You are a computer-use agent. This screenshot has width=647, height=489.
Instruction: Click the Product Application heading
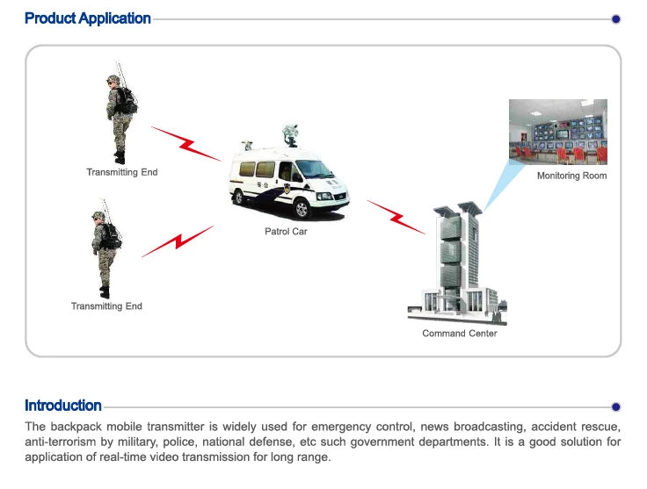88,18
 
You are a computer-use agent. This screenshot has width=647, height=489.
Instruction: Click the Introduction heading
63,406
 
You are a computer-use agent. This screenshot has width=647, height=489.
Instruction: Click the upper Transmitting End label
121,172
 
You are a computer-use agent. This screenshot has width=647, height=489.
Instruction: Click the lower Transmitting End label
106,306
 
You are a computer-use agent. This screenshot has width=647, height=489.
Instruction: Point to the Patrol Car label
286,232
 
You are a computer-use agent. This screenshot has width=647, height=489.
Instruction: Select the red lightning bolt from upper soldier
185,143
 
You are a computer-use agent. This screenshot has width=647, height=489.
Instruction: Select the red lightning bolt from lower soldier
178,241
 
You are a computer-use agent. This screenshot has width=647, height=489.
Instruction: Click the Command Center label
459,334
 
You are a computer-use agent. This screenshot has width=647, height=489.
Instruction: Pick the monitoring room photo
557,132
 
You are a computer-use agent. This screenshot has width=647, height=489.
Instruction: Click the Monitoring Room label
571,176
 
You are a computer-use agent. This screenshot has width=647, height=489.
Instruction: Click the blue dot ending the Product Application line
615,18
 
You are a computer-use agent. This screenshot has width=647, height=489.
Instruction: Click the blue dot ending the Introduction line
615,406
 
